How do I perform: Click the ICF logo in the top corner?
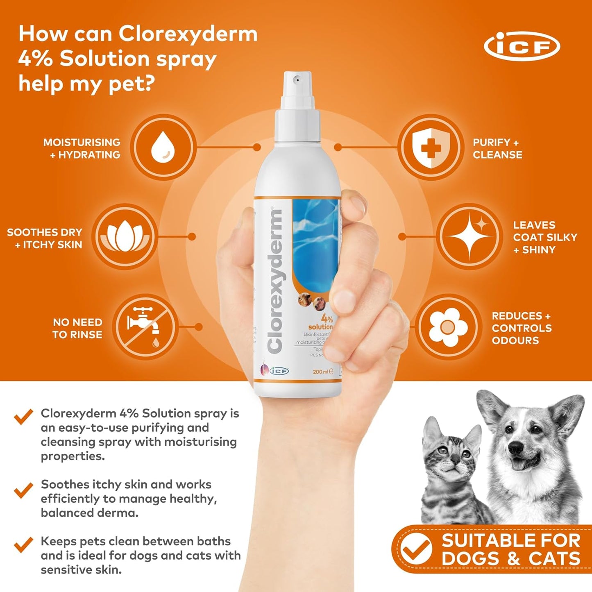522,46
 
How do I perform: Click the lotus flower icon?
124,237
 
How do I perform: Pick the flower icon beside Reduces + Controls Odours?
448,327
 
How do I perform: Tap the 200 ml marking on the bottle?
321,372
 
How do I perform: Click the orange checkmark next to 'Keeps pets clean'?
23,544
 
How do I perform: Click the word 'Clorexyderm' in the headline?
188,34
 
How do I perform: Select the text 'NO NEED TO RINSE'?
77,328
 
